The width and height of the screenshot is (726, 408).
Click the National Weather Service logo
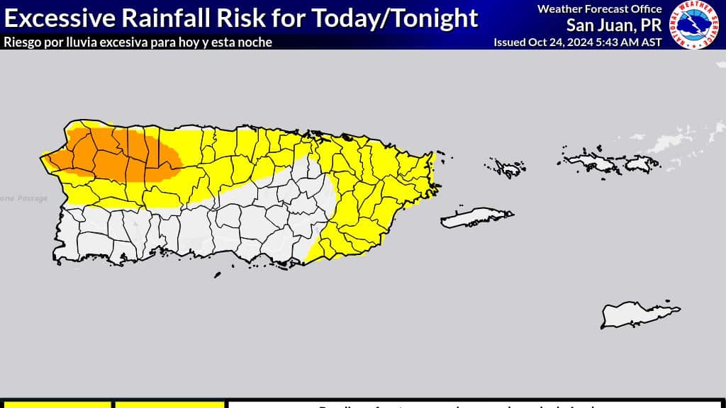coord(697,25)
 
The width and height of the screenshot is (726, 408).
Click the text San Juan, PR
coord(613,25)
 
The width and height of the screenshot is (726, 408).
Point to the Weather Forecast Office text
coord(599,8)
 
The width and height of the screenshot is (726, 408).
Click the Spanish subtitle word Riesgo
coord(21,42)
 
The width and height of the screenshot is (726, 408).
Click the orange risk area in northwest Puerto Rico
coord(113,152)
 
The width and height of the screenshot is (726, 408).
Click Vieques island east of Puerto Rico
coord(475,217)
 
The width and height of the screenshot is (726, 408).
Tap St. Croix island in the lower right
coord(638,313)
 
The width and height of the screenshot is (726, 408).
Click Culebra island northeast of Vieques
coord(507,168)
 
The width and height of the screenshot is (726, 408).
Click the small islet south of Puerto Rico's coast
coord(218,276)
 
